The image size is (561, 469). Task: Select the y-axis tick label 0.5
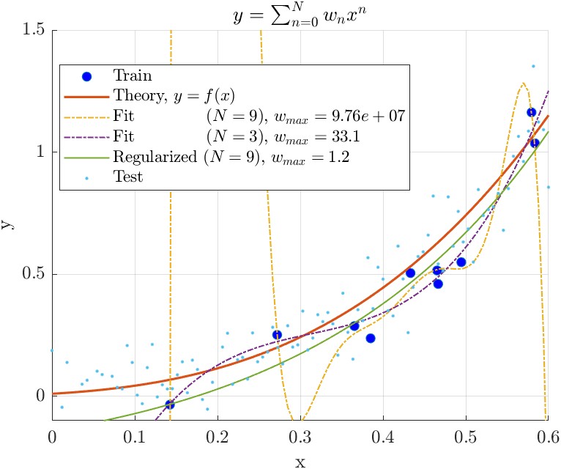[x=33, y=274]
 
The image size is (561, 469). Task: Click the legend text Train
[x=131, y=75]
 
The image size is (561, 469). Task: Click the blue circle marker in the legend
[x=86, y=75]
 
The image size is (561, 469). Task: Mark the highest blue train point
[x=531, y=112]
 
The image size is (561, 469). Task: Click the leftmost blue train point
[x=170, y=405]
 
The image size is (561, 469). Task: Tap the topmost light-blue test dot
[x=533, y=66]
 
